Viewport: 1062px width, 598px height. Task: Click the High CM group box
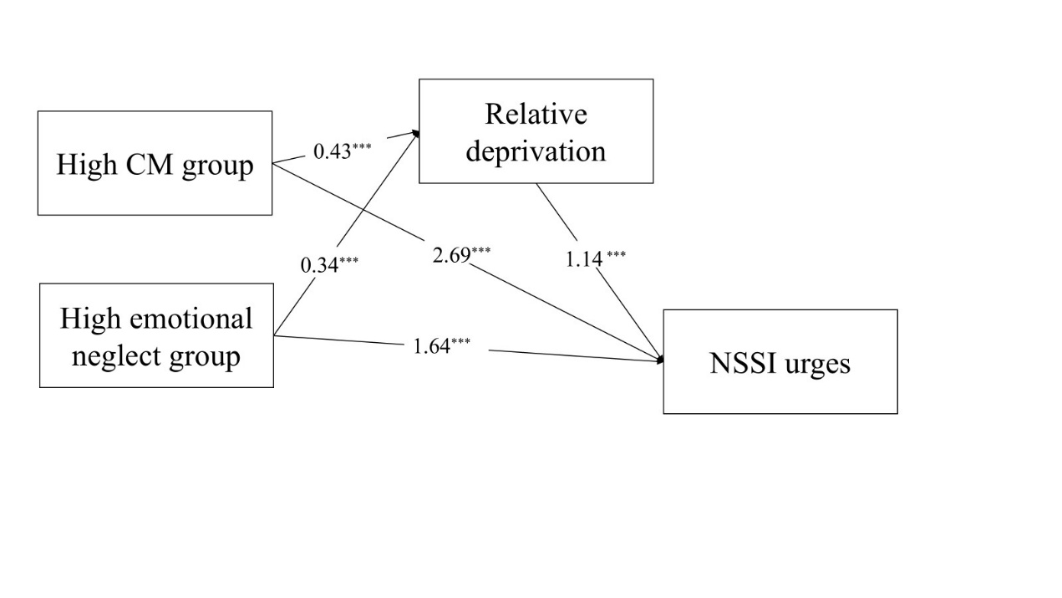(x=155, y=163)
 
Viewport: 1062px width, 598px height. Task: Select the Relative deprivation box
(x=536, y=131)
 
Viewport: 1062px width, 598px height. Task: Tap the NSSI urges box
(x=780, y=361)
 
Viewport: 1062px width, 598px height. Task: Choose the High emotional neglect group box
(x=156, y=335)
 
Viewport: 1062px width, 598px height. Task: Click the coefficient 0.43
(x=333, y=151)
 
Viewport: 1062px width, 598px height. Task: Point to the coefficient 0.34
(x=320, y=265)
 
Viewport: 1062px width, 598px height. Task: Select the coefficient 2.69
(x=451, y=255)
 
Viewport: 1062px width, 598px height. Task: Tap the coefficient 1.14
(x=584, y=259)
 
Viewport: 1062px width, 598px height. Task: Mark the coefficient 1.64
(x=431, y=345)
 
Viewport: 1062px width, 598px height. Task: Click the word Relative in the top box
(x=536, y=114)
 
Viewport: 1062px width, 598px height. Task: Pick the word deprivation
(x=536, y=151)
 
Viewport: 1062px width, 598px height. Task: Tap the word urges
(x=820, y=365)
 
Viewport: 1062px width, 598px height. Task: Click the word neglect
(x=107, y=355)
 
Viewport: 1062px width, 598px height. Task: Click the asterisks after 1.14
(x=616, y=254)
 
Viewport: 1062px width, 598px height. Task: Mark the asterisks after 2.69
(x=481, y=250)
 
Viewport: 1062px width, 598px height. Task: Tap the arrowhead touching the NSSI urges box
(x=661, y=360)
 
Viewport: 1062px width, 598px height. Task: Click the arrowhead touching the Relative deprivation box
(x=415, y=133)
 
